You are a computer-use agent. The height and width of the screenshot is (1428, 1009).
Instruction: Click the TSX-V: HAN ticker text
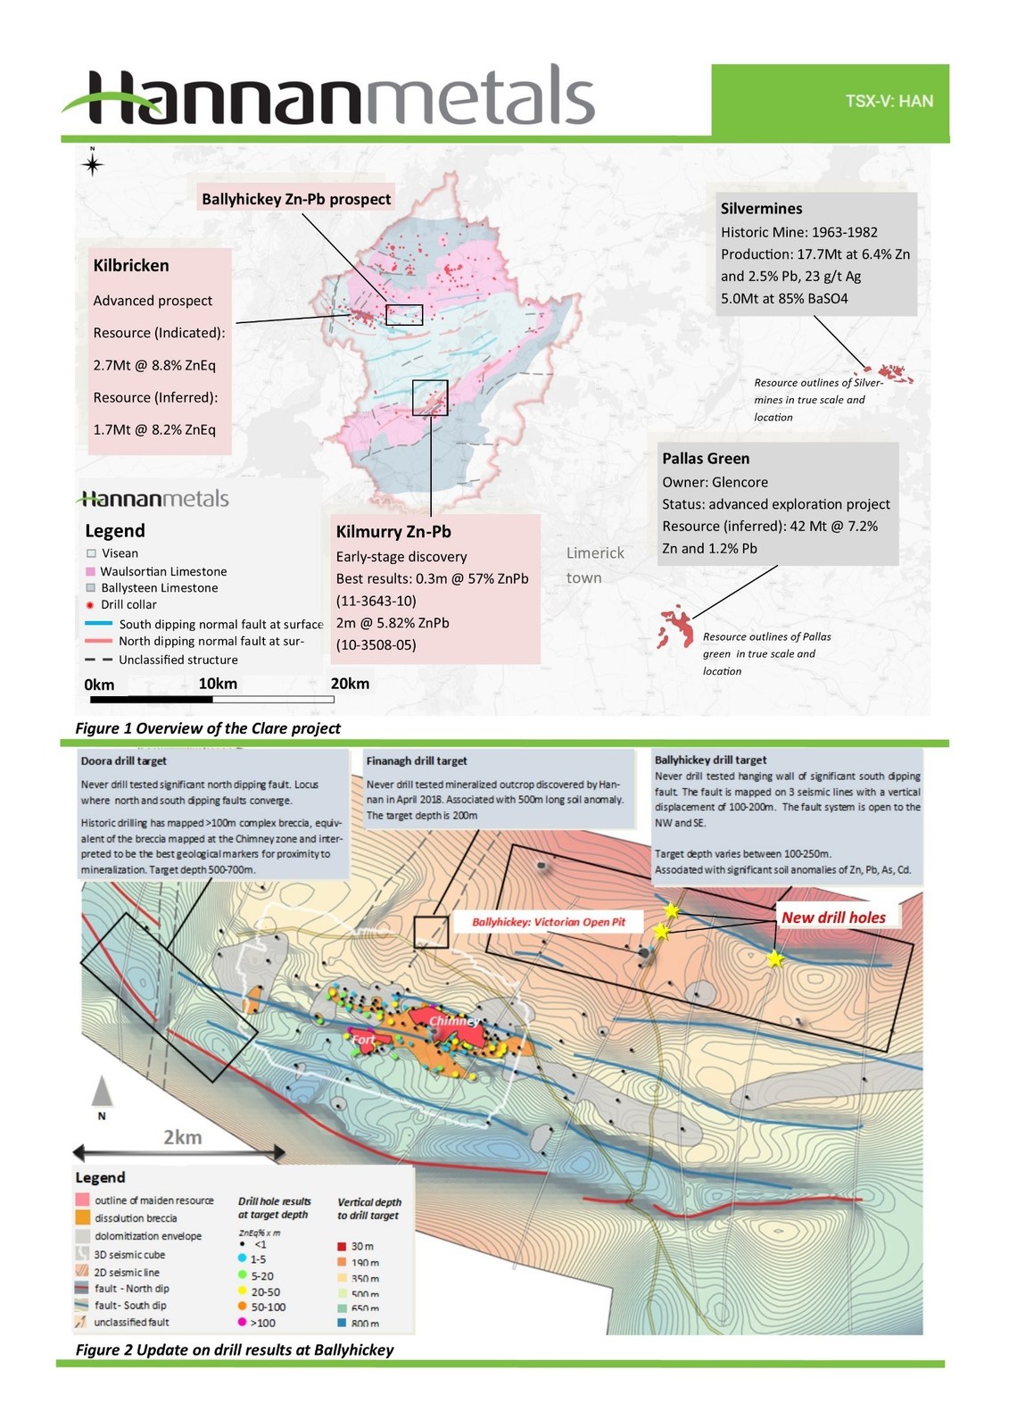tap(889, 101)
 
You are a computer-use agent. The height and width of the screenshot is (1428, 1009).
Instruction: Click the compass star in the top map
tap(92, 164)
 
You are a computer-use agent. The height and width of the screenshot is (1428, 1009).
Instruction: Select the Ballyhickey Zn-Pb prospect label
tap(296, 199)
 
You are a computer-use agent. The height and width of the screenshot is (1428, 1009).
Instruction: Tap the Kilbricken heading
tap(131, 265)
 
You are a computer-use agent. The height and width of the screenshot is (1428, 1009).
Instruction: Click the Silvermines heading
tap(761, 208)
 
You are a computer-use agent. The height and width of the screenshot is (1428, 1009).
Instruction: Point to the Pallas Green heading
tap(706, 458)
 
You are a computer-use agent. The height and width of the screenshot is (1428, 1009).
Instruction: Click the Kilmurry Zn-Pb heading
tap(393, 531)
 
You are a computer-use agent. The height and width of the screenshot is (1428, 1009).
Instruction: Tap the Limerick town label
tap(595, 565)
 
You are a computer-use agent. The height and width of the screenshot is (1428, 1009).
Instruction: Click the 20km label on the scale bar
tap(350, 684)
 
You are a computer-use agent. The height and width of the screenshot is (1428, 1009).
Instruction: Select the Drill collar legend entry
tap(128, 604)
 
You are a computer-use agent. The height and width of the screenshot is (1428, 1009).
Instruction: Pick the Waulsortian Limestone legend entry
tap(163, 571)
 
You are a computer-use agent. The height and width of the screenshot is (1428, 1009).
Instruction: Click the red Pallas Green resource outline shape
tap(675, 627)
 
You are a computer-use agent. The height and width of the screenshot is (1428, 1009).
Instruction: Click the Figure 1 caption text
tap(208, 728)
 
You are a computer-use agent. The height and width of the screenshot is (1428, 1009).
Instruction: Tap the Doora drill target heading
tap(124, 761)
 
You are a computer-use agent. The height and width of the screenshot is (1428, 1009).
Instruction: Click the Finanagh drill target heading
tap(417, 760)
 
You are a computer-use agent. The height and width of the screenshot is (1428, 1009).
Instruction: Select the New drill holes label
tap(833, 917)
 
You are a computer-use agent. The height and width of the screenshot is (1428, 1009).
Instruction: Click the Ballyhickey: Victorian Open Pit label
tap(549, 922)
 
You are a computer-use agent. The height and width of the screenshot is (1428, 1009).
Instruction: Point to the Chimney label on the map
tap(454, 1020)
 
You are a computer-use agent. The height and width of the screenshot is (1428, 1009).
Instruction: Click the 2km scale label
tap(183, 1137)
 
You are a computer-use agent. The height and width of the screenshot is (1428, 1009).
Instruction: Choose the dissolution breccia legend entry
tap(136, 1218)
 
